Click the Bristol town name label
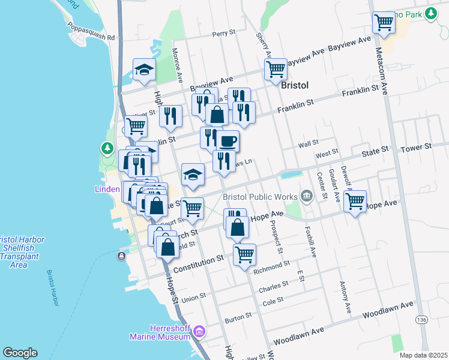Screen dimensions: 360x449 coord(295,86)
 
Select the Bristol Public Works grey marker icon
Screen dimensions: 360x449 coord(307,196)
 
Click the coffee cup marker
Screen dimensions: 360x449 coord(228,142)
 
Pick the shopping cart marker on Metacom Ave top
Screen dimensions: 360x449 coord(383,23)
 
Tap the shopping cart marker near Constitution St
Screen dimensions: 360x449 coord(245,255)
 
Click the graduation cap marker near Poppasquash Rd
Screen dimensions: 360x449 coord(144,70)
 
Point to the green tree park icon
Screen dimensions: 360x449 coord(107,148)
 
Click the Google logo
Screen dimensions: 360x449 coord(20,353)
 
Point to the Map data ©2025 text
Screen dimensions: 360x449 coord(423,355)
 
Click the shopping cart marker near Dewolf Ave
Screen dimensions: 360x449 coord(355,201)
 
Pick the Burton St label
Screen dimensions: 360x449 coord(238,316)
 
